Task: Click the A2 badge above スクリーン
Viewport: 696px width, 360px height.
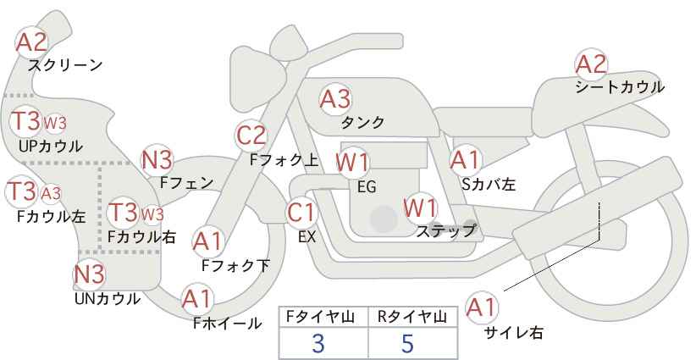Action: pos(32,41)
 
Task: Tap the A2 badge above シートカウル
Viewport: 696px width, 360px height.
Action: pos(591,64)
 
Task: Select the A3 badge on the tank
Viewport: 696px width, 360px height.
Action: pos(334,99)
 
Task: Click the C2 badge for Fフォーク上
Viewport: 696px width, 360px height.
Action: pos(251,135)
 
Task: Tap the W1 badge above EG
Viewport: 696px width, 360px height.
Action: pos(351,161)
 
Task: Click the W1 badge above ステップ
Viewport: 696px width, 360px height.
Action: pos(419,206)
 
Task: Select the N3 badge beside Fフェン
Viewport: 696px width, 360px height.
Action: pos(157,158)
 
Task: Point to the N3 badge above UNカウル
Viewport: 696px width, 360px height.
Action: pos(89,274)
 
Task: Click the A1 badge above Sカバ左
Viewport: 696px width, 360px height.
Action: pos(465,158)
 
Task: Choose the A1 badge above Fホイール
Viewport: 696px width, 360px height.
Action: pos(196,298)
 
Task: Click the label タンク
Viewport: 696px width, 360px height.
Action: pos(362,123)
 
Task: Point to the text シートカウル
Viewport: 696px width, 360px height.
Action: pos(619,86)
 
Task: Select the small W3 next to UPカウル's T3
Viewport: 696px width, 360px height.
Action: pos(55,123)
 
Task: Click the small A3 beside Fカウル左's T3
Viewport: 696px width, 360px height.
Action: pos(51,193)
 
